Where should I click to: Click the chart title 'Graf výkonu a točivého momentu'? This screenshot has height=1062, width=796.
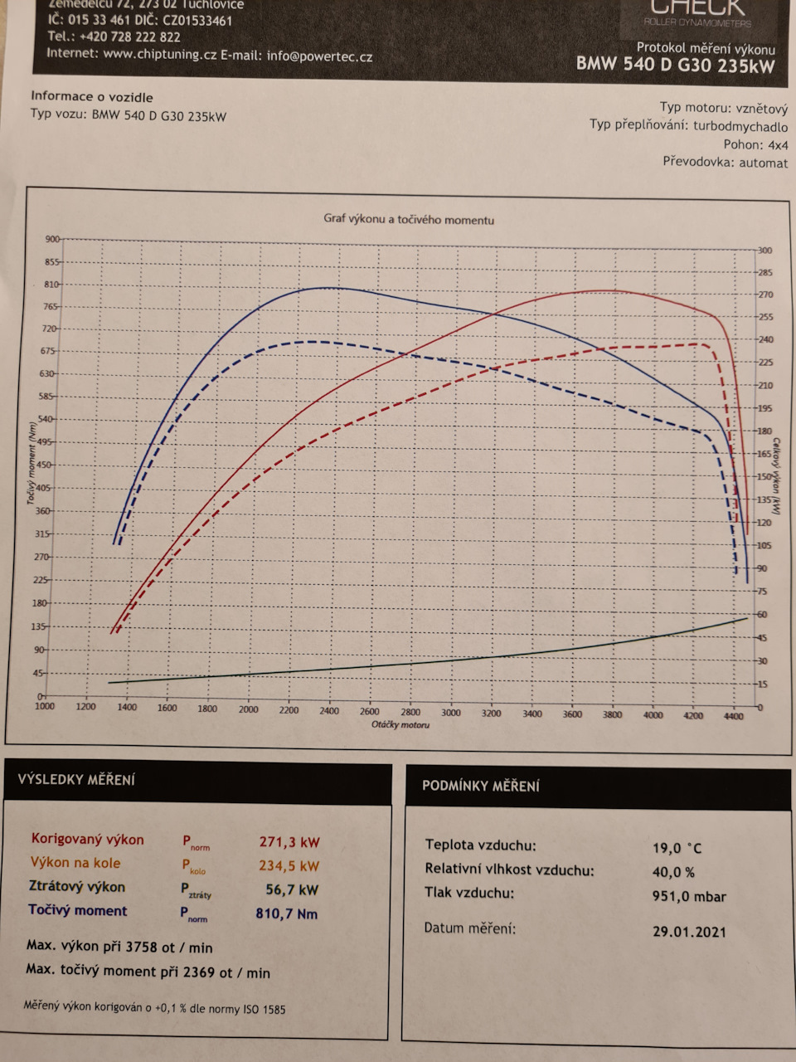pyautogui.click(x=409, y=220)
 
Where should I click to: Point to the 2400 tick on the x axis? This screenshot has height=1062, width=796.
pyautogui.click(x=329, y=711)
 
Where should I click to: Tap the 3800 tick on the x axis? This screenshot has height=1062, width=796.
pyautogui.click(x=612, y=714)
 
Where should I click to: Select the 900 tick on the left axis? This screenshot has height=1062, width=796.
pyautogui.click(x=52, y=239)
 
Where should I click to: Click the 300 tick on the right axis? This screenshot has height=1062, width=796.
pyautogui.click(x=764, y=250)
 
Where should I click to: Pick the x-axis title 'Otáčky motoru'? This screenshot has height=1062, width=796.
pyautogui.click(x=400, y=725)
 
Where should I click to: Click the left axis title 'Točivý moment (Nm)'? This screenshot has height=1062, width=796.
pyautogui.click(x=32, y=463)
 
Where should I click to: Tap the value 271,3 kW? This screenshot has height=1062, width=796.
pyautogui.click(x=289, y=842)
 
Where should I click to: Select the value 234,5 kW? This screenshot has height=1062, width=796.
pyautogui.click(x=289, y=866)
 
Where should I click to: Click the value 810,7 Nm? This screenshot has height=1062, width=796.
pyautogui.click(x=287, y=914)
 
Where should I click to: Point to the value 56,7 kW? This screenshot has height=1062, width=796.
pyautogui.click(x=292, y=890)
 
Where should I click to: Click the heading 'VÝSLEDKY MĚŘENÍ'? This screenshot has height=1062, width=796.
pyautogui.click(x=76, y=780)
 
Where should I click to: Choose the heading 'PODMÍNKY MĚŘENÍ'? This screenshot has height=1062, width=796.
pyautogui.click(x=481, y=786)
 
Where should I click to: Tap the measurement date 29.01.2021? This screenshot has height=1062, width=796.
pyautogui.click(x=689, y=932)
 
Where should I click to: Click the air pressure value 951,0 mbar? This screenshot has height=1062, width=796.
pyautogui.click(x=689, y=897)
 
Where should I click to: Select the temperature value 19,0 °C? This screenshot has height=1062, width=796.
pyautogui.click(x=677, y=848)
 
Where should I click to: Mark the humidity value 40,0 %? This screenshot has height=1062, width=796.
pyautogui.click(x=673, y=872)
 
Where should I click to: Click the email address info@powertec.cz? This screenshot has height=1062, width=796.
pyautogui.click(x=319, y=56)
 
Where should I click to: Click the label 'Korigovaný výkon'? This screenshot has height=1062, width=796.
pyautogui.click(x=87, y=840)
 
